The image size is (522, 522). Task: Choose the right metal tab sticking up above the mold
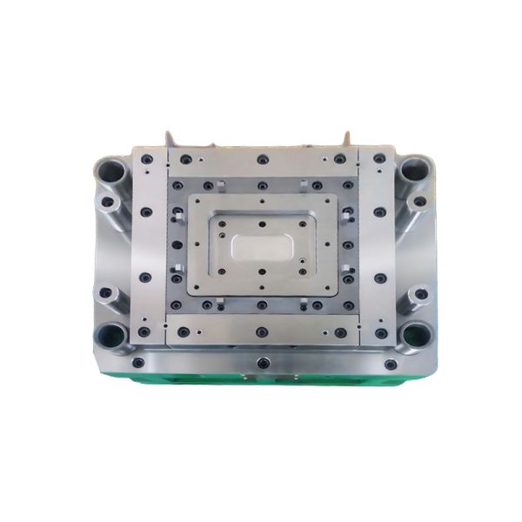coord(346,140)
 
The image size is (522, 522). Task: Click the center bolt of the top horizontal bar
coord(262,160)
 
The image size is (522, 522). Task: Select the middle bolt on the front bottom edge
coord(262,360)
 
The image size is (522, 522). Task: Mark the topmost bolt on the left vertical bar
coord(146,159)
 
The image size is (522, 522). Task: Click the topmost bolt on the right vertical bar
coord(379,159)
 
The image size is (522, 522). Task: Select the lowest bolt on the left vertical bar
coord(145,331)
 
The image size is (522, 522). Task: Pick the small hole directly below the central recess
coord(262,272)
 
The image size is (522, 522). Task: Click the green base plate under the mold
coord(261,379)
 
